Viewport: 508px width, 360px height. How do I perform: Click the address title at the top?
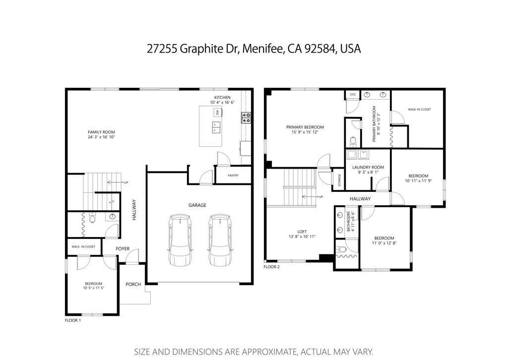coord(254,49)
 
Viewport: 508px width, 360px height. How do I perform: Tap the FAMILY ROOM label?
coord(101,132)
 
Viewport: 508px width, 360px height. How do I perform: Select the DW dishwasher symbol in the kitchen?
coord(218,113)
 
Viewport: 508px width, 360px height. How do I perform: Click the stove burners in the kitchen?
coord(246,118)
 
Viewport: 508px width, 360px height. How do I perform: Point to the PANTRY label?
coord(233,176)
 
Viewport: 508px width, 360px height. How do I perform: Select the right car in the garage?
coord(220,240)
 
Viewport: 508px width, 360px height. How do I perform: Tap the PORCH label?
coord(133,284)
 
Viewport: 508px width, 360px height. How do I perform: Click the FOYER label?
coord(123,248)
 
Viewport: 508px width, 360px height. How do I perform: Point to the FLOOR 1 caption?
coord(73,320)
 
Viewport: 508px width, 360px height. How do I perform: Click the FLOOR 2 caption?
coord(271,267)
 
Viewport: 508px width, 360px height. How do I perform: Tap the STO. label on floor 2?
coord(353,95)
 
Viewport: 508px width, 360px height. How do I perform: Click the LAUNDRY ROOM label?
coord(368,168)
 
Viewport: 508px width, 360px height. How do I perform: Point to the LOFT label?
coord(302,232)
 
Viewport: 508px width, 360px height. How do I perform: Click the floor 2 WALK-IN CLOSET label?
coord(420,110)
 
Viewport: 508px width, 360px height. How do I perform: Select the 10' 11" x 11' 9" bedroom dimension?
coord(418,181)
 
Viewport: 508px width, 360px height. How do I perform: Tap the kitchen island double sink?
coord(216,127)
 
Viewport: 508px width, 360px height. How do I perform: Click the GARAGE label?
coord(197,205)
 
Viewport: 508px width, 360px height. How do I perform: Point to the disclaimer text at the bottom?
coord(254,352)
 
